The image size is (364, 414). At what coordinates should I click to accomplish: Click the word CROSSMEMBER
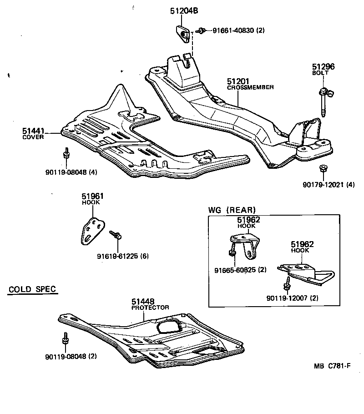point(250,87)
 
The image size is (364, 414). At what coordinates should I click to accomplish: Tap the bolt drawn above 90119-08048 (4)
point(66,154)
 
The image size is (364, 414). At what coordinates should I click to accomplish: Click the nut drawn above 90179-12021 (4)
point(323,168)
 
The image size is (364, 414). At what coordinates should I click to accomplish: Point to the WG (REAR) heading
point(232,210)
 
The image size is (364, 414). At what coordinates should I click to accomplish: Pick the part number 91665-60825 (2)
point(240,270)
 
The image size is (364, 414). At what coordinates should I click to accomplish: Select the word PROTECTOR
point(150,308)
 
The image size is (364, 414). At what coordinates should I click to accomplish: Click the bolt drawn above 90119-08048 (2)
point(66,340)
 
